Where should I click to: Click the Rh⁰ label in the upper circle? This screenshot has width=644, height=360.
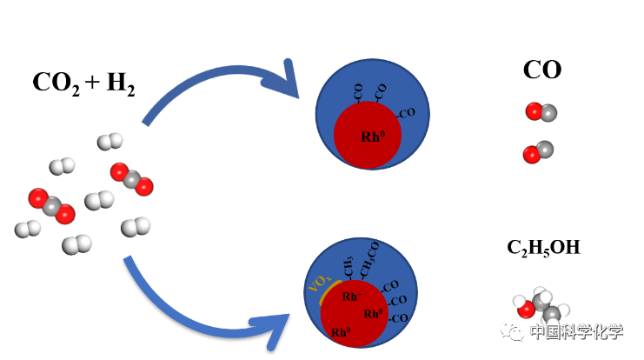[372, 137]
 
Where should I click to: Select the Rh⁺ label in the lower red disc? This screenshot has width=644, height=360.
[351, 297]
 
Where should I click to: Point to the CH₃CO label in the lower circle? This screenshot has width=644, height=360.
[370, 259]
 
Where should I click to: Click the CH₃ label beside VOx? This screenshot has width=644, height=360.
[348, 266]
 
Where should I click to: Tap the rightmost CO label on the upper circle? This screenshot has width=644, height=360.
[406, 113]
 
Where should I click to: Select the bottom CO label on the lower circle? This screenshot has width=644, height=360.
[399, 318]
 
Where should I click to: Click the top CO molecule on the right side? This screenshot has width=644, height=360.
[541, 112]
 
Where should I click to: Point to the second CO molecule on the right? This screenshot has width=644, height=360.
[538, 152]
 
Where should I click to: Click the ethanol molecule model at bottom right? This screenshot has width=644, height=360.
[541, 306]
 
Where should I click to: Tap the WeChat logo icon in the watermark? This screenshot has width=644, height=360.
[512, 330]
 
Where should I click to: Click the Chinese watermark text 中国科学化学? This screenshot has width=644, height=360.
[576, 331]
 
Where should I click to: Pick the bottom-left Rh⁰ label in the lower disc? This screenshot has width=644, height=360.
[340, 332]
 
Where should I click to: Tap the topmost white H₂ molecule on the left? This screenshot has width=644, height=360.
[110, 141]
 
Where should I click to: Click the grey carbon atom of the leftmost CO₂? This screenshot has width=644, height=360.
[52, 206]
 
